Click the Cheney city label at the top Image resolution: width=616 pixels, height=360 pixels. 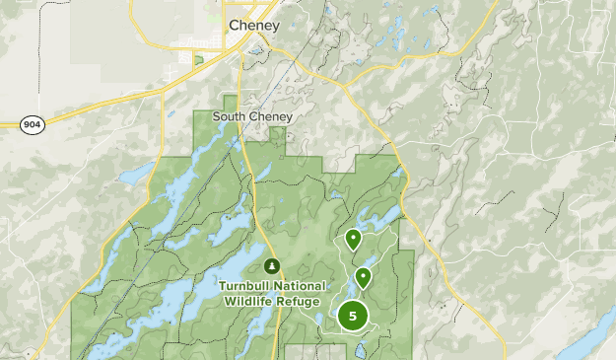coord(254,25)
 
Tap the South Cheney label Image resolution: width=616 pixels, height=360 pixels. coord(251,116)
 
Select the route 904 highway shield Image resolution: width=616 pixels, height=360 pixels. coord(32,124)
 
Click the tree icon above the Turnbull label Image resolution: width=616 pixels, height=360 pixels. coord(271,265)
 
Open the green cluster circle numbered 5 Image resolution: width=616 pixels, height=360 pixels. coord(352,316)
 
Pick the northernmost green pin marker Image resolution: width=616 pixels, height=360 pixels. coord(353,239)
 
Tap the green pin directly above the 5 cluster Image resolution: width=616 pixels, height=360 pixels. coord(364,277)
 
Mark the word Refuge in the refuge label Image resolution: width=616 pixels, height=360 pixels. coord(299,301)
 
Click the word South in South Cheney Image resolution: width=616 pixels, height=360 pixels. coord(230,116)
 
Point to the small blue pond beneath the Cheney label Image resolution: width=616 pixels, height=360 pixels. coord(257,46)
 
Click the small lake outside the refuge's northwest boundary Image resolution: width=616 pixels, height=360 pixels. coord(131,179)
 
